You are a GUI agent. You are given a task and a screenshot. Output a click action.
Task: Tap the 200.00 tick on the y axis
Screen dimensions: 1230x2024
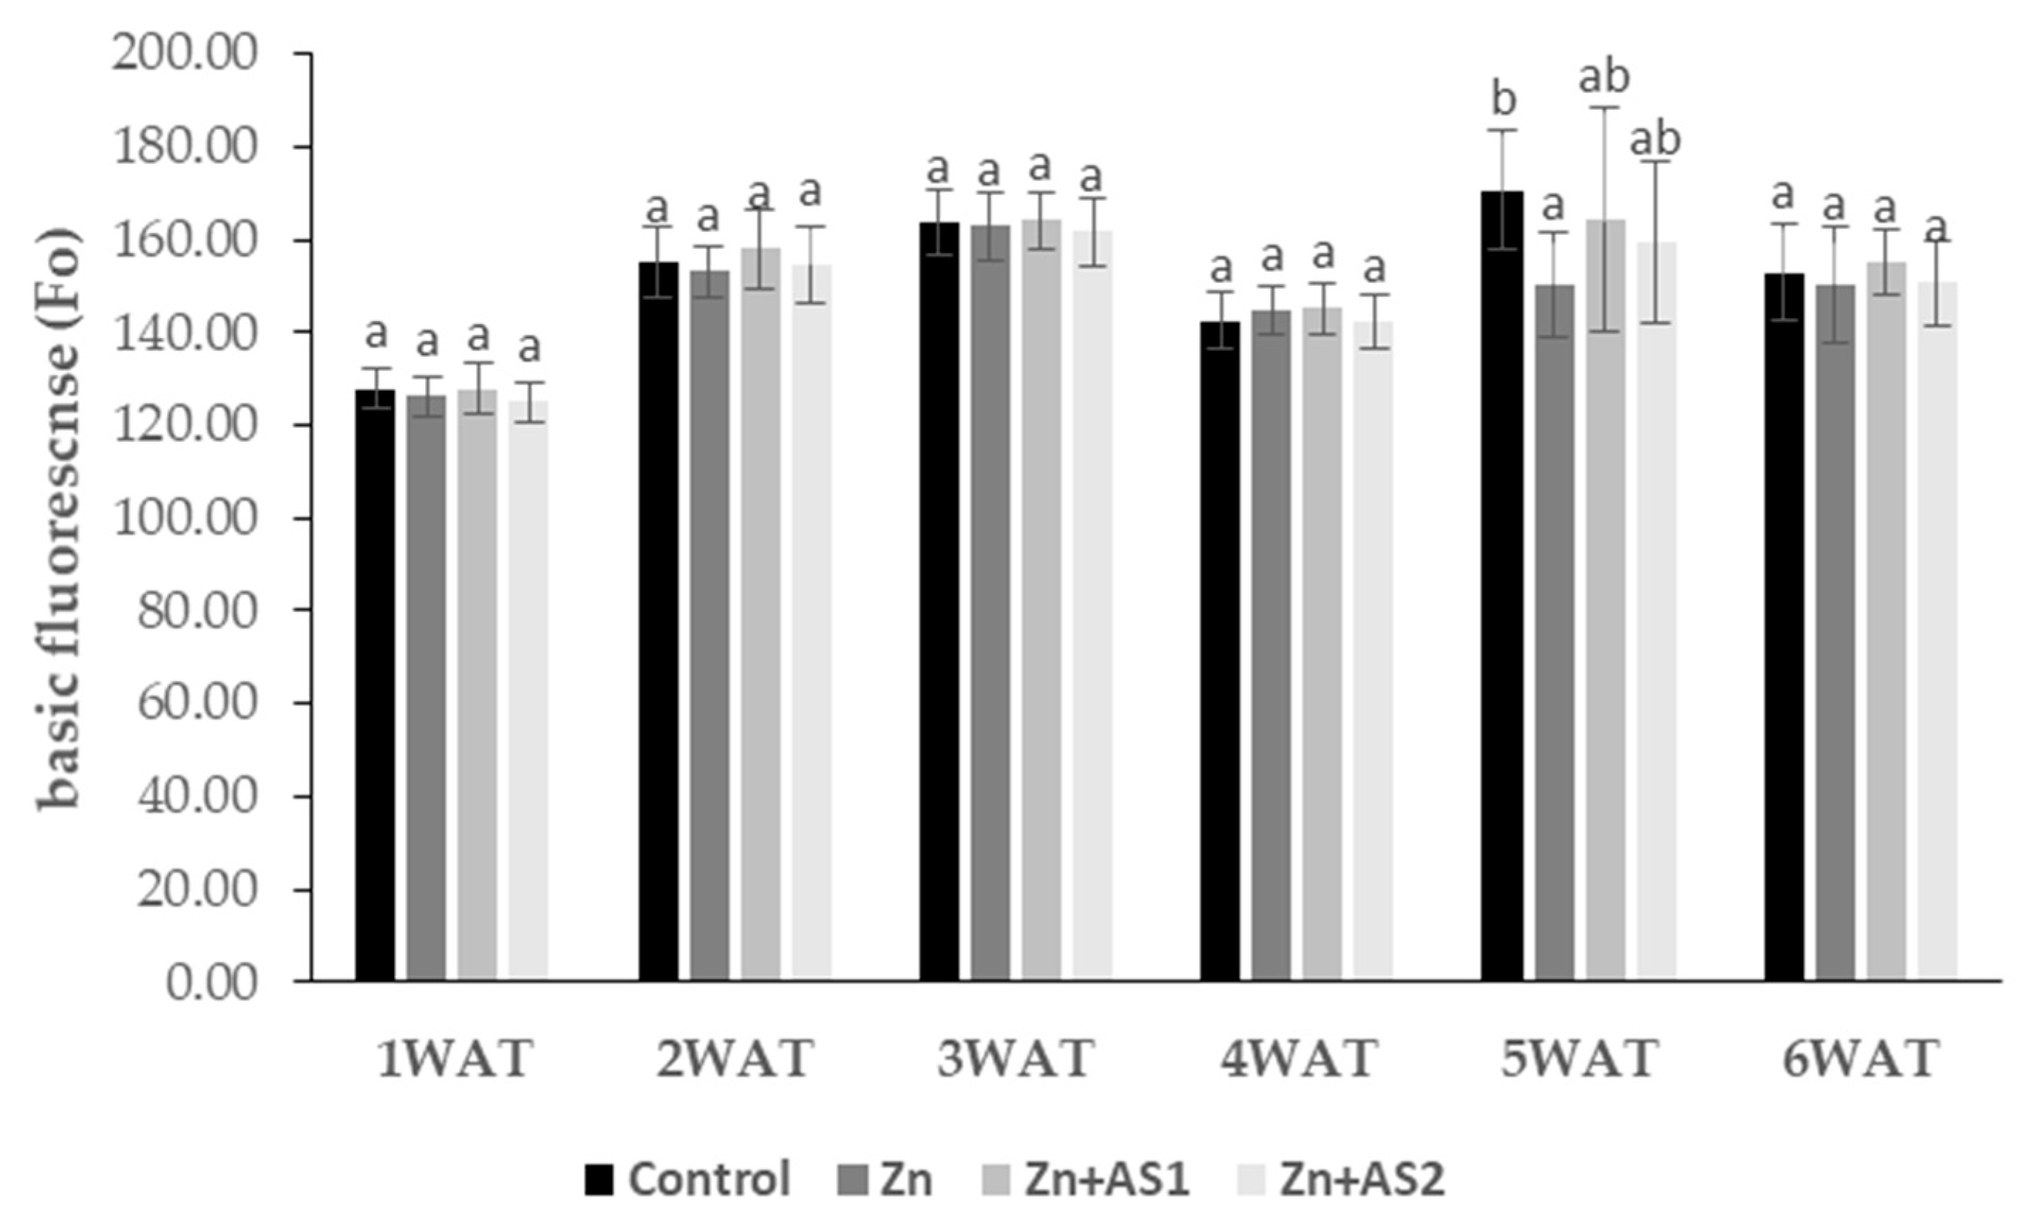click(186, 54)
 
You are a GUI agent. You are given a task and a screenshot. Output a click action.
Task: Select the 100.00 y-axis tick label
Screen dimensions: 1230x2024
click(186, 518)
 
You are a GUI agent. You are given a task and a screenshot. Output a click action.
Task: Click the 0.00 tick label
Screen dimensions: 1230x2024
click(213, 983)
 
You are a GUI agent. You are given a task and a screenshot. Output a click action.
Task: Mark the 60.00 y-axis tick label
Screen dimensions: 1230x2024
click(197, 704)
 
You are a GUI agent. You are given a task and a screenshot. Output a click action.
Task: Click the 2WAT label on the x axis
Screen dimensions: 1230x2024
click(735, 1059)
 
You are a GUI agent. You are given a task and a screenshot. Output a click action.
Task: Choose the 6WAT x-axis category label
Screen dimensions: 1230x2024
click(1860, 1059)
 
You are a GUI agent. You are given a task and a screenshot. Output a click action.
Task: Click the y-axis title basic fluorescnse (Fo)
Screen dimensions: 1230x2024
click(62, 518)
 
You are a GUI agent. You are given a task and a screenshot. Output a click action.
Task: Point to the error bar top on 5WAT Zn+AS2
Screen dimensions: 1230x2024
click(1656, 161)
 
